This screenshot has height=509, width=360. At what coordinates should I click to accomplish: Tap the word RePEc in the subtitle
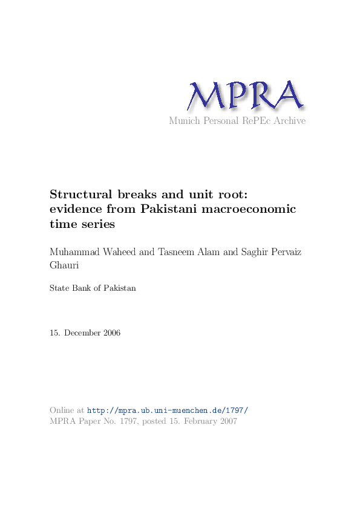[250, 121]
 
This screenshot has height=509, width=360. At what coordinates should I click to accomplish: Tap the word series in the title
[97, 224]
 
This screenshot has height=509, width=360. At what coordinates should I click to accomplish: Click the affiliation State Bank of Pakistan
[93, 288]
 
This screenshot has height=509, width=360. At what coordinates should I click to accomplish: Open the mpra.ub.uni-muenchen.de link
[168, 410]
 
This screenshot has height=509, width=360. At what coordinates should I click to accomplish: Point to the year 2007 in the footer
[226, 421]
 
